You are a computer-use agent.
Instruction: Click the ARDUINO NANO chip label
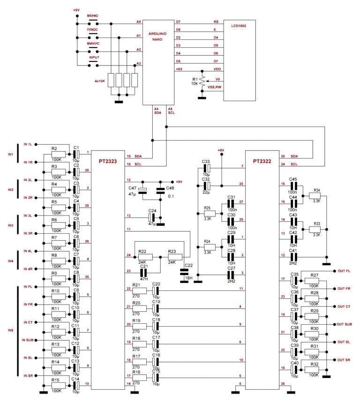pyautogui.click(x=157, y=36)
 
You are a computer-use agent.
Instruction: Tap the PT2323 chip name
pyautogui.click(x=108, y=162)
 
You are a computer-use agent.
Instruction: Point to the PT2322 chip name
pyautogui.click(x=262, y=161)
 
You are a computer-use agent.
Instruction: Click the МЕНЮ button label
pyautogui.click(x=92, y=16)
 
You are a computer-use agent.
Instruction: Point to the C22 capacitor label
pyautogui.click(x=188, y=265)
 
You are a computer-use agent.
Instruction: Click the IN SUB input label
pyautogui.click(x=29, y=340)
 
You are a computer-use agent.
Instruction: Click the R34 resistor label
pyautogui.click(x=317, y=190)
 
